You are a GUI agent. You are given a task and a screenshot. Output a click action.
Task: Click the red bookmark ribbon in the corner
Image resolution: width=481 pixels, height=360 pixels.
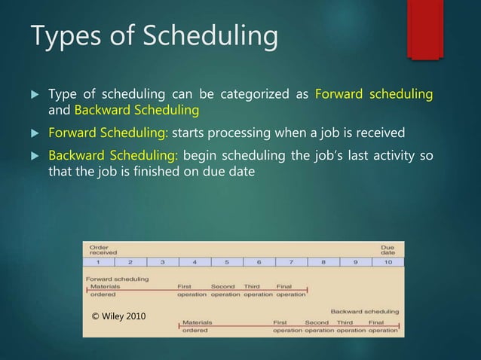coord(424,27)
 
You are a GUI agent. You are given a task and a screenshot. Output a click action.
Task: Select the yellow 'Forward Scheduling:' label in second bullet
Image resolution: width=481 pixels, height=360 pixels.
coord(109,133)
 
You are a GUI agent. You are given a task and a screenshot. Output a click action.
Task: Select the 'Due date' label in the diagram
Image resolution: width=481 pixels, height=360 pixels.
coord(387,250)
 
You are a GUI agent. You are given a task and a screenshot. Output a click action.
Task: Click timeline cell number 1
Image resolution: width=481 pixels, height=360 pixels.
coord(98,262)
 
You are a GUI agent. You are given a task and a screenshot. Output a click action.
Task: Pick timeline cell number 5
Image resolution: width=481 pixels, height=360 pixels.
coord(226,262)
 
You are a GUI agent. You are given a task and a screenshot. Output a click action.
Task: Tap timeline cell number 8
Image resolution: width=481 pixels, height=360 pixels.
coord(323,262)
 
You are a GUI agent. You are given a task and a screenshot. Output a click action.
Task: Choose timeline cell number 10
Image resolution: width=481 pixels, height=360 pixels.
coord(387,262)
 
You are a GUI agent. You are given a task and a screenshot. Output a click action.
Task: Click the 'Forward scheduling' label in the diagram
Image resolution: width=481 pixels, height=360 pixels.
coord(117,279)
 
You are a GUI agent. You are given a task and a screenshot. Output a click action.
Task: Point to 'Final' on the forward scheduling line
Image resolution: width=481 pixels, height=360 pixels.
coord(283,287)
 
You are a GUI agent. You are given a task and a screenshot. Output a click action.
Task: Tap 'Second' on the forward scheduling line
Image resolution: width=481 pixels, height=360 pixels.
coord(222,287)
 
